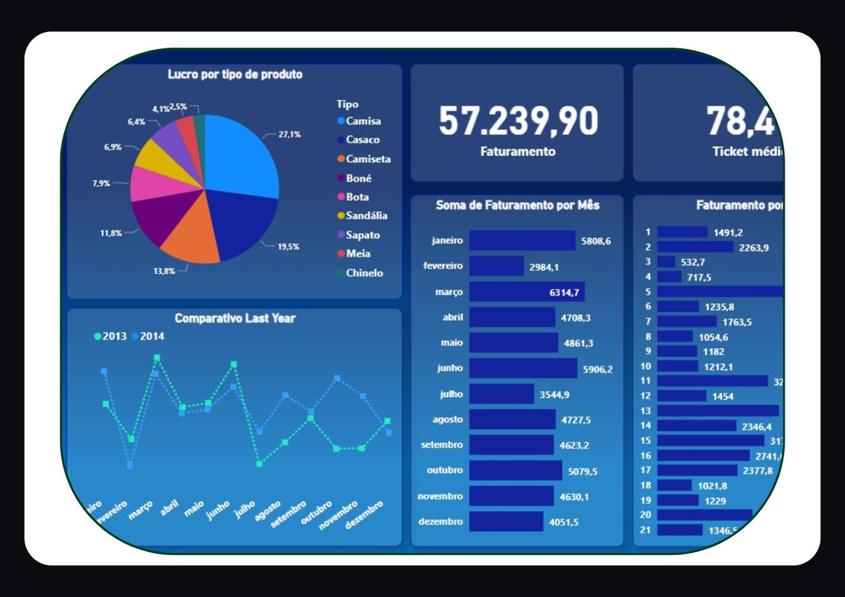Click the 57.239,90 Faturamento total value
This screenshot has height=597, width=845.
[x=517, y=121]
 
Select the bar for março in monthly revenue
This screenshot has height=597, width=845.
[x=517, y=292]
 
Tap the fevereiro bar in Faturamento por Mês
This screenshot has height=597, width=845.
[x=496, y=266]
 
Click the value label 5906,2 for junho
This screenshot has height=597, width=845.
[x=597, y=369]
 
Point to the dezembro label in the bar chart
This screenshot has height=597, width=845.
[x=441, y=522]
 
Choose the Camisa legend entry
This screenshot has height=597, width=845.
[x=363, y=121]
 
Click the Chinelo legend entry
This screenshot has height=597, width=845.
[x=364, y=273]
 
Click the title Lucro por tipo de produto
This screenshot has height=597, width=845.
[x=235, y=74]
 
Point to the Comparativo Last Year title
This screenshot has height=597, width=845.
[x=235, y=319]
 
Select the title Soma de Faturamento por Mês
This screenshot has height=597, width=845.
[x=517, y=204]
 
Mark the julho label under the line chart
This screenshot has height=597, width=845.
[x=245, y=510]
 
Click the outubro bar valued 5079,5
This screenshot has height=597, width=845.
[x=515, y=471]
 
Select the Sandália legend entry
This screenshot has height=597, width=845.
[x=367, y=216]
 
